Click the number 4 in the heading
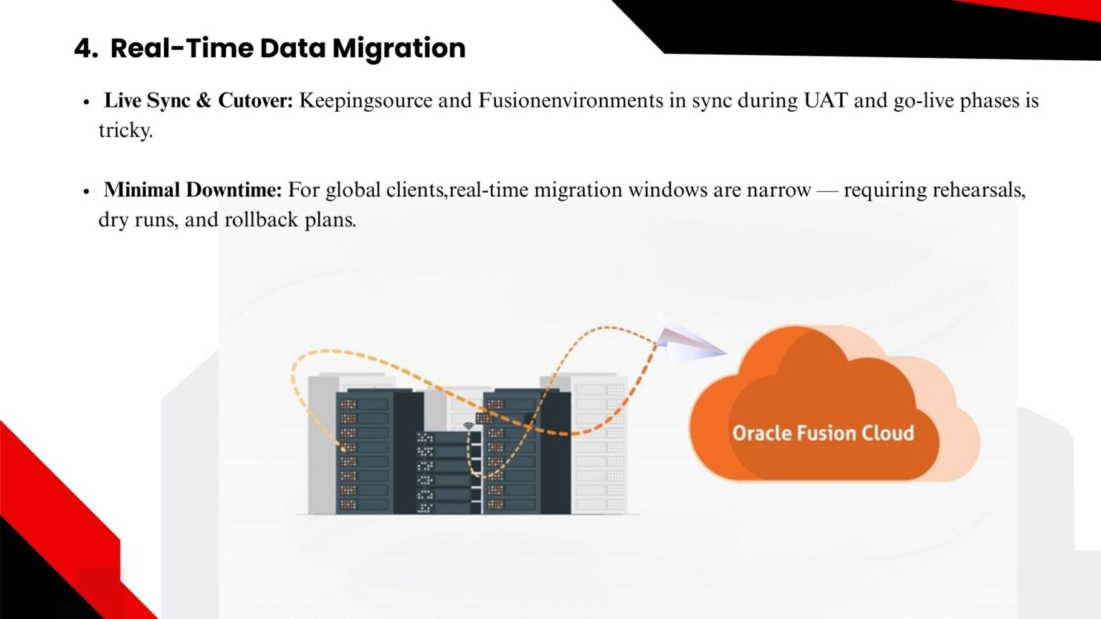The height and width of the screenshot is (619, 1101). tap(86, 49)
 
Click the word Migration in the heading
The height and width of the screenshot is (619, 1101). tap(399, 49)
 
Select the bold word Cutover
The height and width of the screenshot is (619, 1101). tap(255, 100)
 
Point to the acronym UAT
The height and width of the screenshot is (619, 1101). tap(826, 100)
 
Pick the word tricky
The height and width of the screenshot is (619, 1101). tap(126, 131)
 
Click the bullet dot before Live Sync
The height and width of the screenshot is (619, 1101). tap(87, 102)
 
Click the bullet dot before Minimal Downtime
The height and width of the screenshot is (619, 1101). tap(87, 191)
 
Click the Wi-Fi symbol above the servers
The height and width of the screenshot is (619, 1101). tap(469, 426)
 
